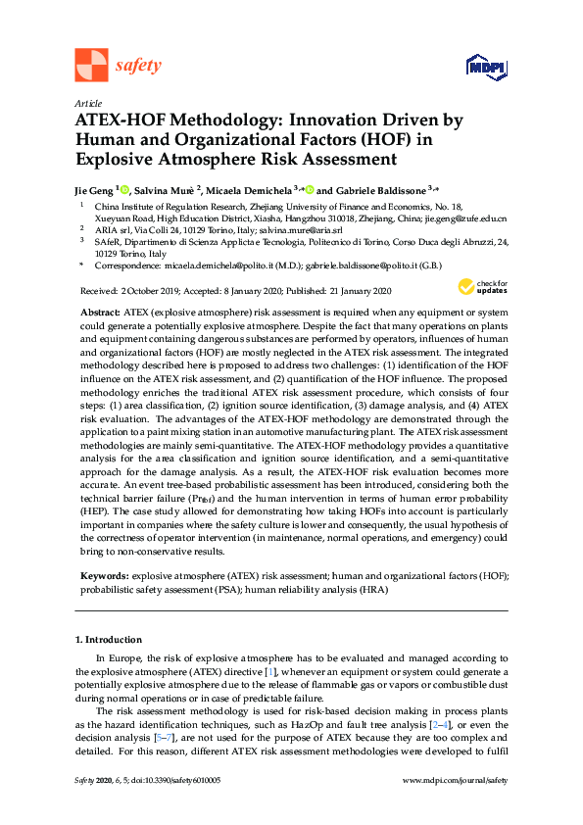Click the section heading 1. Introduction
click(x=110, y=639)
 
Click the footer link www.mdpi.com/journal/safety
click(x=456, y=780)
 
